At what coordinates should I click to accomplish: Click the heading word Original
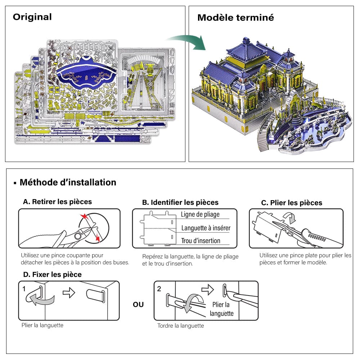pyautogui.click(x=32, y=17)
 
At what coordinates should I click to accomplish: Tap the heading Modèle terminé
pyautogui.click(x=235, y=17)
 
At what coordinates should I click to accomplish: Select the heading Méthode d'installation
pyautogui.click(x=68, y=182)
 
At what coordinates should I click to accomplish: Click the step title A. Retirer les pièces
pyautogui.click(x=57, y=202)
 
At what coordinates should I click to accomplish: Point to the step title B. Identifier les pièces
pyautogui.click(x=180, y=202)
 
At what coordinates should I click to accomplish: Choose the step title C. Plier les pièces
pyautogui.click(x=291, y=203)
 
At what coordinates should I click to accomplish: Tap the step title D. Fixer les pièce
pyautogui.click(x=52, y=274)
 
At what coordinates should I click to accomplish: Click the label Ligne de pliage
pyautogui.click(x=200, y=215)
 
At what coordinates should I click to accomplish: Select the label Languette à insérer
pyautogui.click(x=206, y=228)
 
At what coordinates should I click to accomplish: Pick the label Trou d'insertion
pyautogui.click(x=201, y=240)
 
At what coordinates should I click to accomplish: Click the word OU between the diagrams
pyautogui.click(x=138, y=305)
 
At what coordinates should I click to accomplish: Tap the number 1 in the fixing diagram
pyautogui.click(x=24, y=289)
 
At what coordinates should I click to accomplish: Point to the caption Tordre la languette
pyautogui.click(x=180, y=326)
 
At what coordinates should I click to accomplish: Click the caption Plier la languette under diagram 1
pyautogui.click(x=42, y=325)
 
